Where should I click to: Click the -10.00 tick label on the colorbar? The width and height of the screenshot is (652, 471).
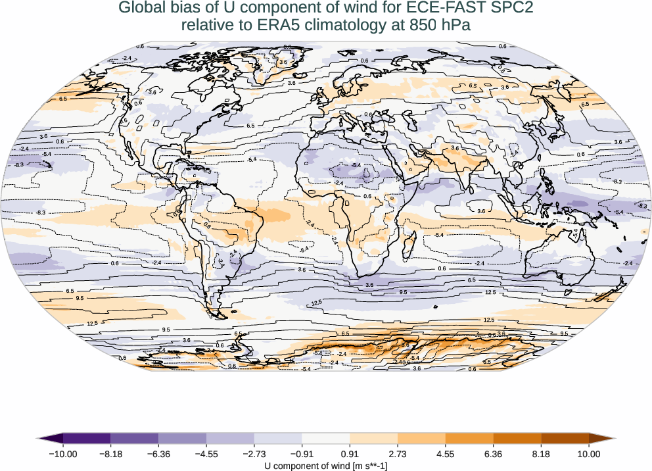coord(63,454)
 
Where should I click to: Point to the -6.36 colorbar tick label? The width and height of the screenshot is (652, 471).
coord(158,454)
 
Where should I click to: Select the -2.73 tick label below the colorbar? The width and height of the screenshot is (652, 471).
coord(254,454)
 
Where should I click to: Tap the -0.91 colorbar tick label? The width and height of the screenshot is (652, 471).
coord(302,454)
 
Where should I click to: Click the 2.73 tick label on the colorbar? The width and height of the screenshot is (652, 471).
coord(398,454)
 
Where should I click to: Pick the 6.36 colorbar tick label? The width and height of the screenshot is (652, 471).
coord(494,454)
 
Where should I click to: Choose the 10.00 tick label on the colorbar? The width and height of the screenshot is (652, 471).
coord(589,454)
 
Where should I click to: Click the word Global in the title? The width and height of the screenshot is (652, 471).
coord(139,9)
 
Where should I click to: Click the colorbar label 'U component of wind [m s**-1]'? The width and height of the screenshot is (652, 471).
coord(326,466)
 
